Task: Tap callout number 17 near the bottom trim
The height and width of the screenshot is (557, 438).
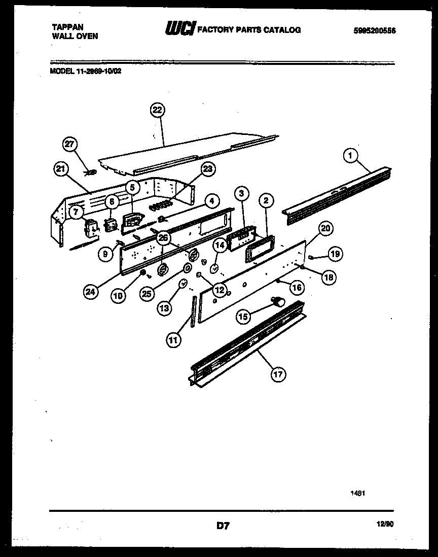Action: [278, 375]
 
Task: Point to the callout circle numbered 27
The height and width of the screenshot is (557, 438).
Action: [70, 144]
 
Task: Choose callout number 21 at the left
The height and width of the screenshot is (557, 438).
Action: [61, 171]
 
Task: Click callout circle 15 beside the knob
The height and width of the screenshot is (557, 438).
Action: [244, 317]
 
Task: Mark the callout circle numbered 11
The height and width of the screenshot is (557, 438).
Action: [173, 340]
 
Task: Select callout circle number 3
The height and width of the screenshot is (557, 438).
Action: [242, 193]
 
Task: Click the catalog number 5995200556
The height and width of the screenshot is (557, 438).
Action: [374, 30]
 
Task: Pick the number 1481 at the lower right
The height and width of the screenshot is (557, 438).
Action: [358, 492]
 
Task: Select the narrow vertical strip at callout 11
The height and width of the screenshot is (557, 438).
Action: [193, 313]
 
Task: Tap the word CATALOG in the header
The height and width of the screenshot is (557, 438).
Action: [281, 30]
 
